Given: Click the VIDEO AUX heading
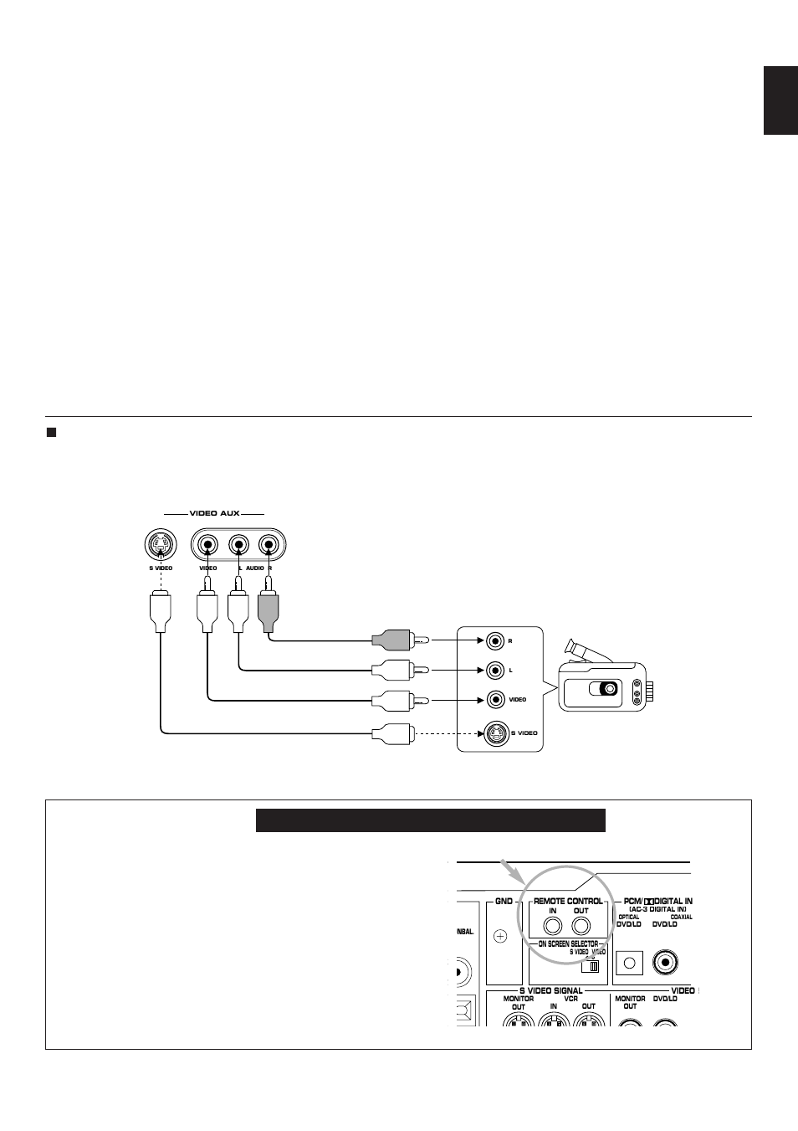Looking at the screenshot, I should coord(214,513).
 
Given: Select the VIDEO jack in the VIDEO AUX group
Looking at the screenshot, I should coord(207,546).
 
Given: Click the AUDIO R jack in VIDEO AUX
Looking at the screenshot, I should coord(268,546).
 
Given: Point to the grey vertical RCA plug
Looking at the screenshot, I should coord(268,609).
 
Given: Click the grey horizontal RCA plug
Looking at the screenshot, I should coord(391,640).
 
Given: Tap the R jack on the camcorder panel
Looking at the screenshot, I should coord(494,640).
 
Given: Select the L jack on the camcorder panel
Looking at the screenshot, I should coord(494,670).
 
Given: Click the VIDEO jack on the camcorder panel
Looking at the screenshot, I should coord(494,699).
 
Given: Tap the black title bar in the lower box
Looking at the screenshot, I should coord(430,820).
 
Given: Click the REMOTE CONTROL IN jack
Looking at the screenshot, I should coord(553,926).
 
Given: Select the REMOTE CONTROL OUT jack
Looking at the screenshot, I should coord(581,926).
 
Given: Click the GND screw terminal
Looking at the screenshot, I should coord(500,936).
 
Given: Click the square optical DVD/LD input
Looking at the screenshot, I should coord(629,962).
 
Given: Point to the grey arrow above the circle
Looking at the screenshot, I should coord(510,870).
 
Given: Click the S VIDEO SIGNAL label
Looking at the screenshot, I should coord(550,990).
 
